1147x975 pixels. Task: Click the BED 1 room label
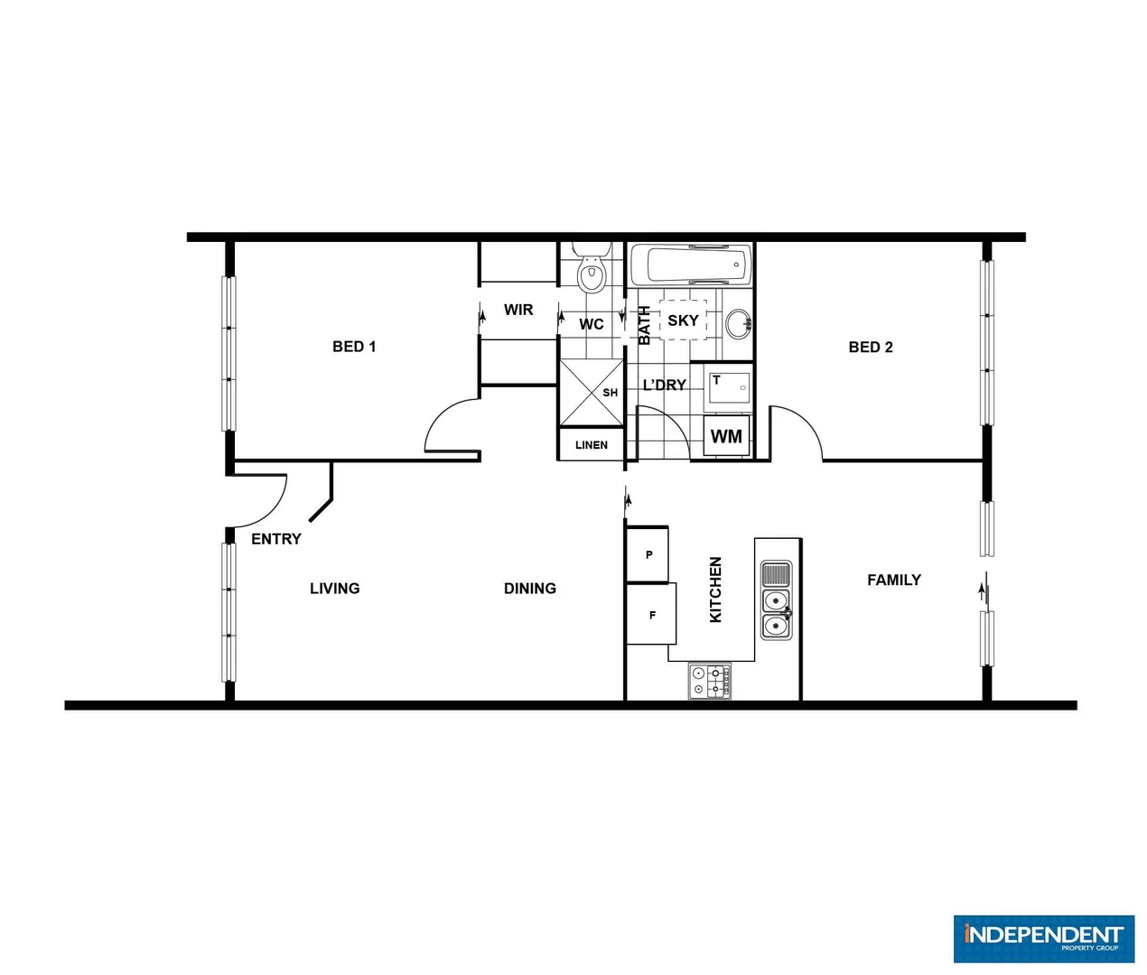354,347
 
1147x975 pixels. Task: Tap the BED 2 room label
871,348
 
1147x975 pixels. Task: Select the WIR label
518,310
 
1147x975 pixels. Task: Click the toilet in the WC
592,272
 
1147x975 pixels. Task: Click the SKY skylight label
683,320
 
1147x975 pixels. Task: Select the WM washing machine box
726,437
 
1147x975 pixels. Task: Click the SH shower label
611,393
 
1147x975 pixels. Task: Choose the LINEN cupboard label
592,445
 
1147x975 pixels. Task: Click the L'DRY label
665,385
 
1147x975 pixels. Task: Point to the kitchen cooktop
710,681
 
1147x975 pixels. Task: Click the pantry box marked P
648,554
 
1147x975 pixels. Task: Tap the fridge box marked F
651,615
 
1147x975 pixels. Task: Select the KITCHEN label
716,590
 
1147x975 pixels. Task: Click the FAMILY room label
894,580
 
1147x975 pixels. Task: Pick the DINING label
530,589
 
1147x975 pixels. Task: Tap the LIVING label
335,589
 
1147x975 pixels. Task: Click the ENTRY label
276,539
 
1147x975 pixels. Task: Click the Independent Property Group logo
1043,939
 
